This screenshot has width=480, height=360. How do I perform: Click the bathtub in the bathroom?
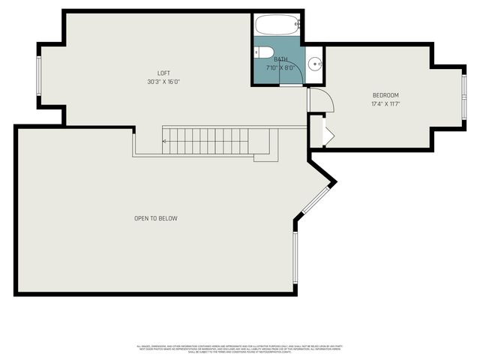pyautogui.click(x=278, y=25)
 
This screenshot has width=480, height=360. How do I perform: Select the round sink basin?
pyautogui.click(x=316, y=62)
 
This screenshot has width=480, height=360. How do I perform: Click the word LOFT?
pyautogui.click(x=163, y=73)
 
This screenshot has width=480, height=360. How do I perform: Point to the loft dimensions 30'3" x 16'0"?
pyautogui.click(x=163, y=82)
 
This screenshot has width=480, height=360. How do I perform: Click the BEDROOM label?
pyautogui.click(x=385, y=95)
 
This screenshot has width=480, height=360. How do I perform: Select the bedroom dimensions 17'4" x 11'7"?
pyautogui.click(x=385, y=104)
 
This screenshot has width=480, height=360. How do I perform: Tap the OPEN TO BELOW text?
pyautogui.click(x=156, y=218)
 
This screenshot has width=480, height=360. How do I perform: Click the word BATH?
pyautogui.click(x=280, y=59)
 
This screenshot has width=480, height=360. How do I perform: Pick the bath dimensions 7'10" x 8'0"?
pyautogui.click(x=280, y=67)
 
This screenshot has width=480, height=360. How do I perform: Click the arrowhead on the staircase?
pyautogui.click(x=166, y=140)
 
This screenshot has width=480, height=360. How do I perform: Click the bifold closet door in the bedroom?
pyautogui.click(x=327, y=132)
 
